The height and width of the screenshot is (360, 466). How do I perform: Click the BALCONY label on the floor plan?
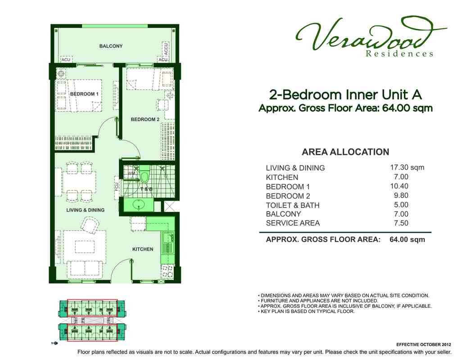click(x=111, y=46)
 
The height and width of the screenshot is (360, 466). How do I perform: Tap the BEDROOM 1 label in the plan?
click(x=84, y=94)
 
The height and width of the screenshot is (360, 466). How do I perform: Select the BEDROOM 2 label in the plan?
click(x=145, y=119)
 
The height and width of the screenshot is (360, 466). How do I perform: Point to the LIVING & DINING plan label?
click(x=86, y=210)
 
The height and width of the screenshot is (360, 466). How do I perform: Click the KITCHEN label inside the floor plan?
click(x=143, y=249)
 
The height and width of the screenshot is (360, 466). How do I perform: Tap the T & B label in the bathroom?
click(x=146, y=189)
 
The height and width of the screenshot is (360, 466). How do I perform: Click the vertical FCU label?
click(x=117, y=186)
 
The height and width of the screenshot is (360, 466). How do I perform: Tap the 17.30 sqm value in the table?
click(x=407, y=167)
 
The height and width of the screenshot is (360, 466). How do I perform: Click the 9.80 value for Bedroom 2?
click(x=401, y=196)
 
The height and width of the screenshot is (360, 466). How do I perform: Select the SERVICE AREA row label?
click(x=293, y=223)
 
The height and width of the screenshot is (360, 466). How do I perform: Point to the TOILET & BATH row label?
click(x=293, y=205)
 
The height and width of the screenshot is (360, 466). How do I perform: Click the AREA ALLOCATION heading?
click(x=345, y=152)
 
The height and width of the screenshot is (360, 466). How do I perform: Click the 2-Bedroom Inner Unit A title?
click(x=345, y=95)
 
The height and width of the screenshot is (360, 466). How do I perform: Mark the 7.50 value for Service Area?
click(x=401, y=223)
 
